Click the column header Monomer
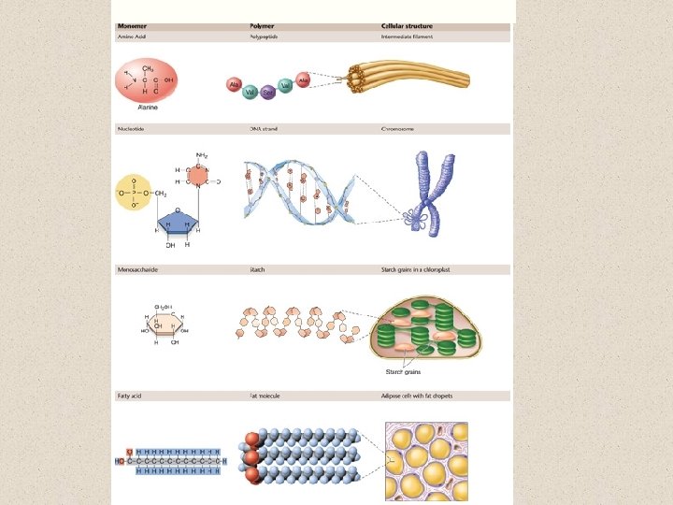[130, 27]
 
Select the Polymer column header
[261, 27]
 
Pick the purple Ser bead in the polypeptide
[268, 93]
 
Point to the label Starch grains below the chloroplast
[404, 372]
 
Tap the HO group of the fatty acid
[121, 460]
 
